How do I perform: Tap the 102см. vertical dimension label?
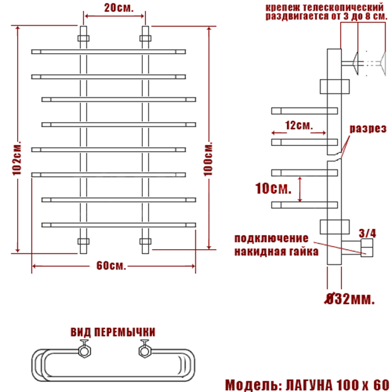point(17,157)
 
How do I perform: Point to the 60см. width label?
point(111,266)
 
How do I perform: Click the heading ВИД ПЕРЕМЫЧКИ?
point(113,332)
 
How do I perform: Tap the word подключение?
point(272,238)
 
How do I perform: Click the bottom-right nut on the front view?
point(145,242)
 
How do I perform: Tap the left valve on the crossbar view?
point(83,349)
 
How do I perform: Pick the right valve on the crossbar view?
point(145,349)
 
